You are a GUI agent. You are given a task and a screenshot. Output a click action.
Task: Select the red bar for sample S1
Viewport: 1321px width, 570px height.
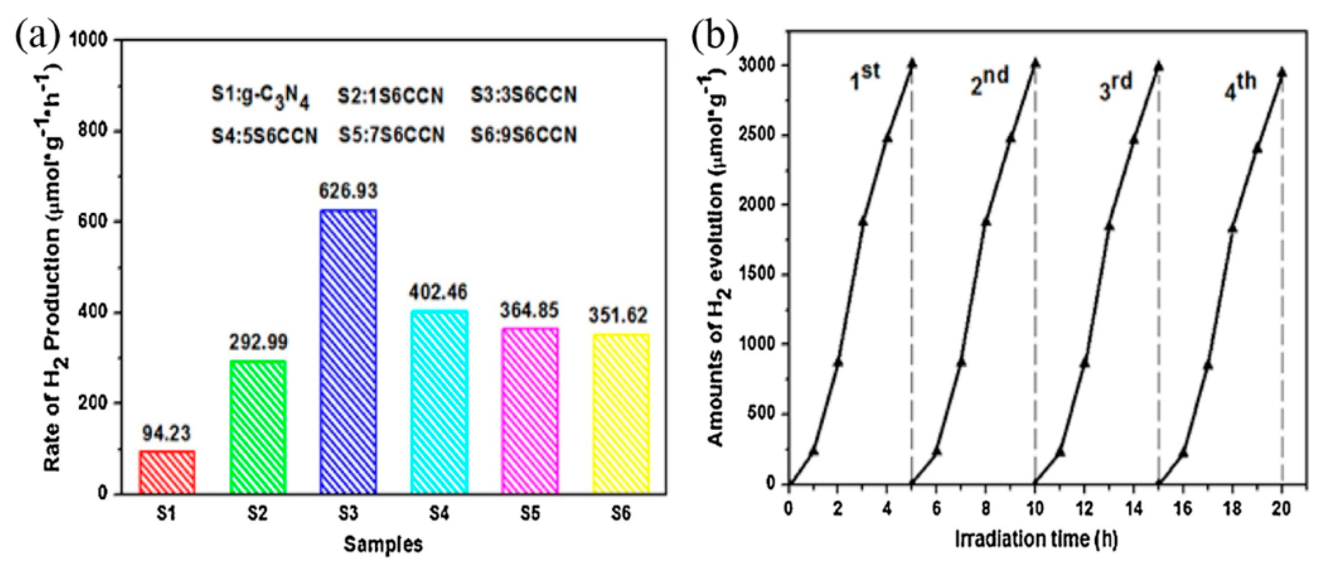[167, 472]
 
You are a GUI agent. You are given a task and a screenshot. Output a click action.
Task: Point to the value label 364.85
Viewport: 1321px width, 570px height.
[529, 310]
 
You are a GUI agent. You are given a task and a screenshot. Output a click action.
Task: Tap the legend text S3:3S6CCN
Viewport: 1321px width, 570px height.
[524, 95]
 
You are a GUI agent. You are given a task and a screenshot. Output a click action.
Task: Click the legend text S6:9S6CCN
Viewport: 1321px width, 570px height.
[524, 135]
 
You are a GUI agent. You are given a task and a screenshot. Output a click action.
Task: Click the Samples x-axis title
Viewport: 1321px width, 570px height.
[383, 544]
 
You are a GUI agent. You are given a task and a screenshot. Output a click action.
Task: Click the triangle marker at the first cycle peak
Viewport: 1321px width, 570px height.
[912, 64]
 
